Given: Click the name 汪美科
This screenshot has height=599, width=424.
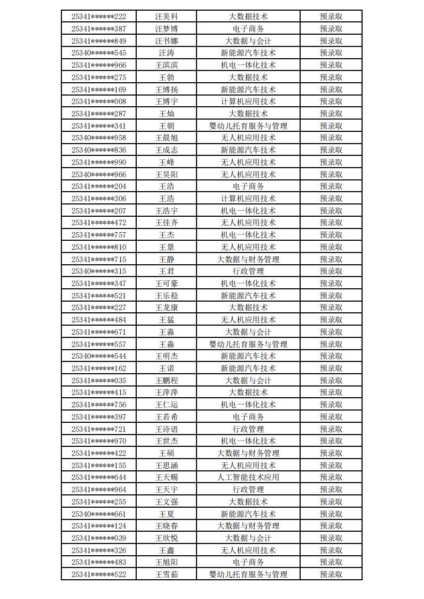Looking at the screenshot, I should pyautogui.click(x=166, y=17).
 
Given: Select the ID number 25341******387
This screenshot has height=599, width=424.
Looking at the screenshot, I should pyautogui.click(x=99, y=29).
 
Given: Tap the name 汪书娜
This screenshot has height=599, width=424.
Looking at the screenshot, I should pyautogui.click(x=166, y=41).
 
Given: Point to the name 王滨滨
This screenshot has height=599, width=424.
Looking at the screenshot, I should pyautogui.click(x=166, y=65).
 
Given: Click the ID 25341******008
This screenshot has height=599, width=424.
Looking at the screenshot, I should pyautogui.click(x=99, y=101).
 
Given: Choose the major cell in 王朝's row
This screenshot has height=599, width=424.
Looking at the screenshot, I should pyautogui.click(x=248, y=126).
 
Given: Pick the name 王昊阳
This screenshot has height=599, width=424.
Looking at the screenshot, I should pyautogui.click(x=166, y=175).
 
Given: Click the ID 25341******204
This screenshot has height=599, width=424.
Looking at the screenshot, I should pyautogui.click(x=99, y=186).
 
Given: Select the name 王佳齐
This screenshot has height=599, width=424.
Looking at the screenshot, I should pyautogui.click(x=166, y=223).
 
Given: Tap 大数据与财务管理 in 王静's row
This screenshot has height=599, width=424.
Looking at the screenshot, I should pyautogui.click(x=248, y=259).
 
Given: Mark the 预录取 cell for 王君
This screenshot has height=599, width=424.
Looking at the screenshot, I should pyautogui.click(x=331, y=271).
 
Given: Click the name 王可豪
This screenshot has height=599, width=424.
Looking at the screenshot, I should pyautogui.click(x=166, y=283).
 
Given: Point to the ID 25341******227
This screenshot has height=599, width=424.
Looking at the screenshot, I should pyautogui.click(x=99, y=308).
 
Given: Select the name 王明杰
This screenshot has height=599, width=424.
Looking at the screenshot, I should pyautogui.click(x=166, y=356).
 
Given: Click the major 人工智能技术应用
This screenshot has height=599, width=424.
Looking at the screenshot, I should pyautogui.click(x=248, y=477).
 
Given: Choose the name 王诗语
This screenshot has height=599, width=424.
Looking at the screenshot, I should pyautogui.click(x=166, y=429).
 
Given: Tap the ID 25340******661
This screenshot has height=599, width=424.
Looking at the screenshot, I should pyautogui.click(x=99, y=514).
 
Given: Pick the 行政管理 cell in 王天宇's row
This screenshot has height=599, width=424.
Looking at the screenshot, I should pyautogui.click(x=248, y=490).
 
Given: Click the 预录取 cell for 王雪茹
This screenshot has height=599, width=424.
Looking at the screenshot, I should pyautogui.click(x=331, y=574).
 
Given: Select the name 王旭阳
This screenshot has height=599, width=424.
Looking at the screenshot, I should pyautogui.click(x=166, y=562).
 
